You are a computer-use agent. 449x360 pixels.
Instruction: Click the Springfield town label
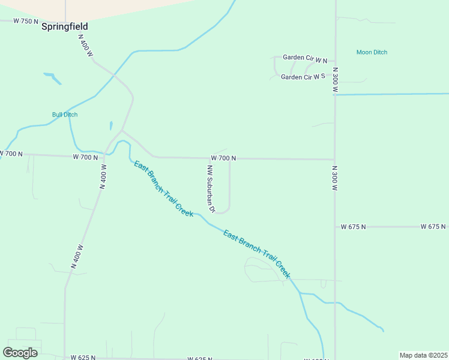tap(65, 26)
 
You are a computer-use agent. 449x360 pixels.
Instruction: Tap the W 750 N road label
tap(26, 21)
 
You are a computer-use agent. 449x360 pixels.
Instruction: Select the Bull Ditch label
tap(65, 115)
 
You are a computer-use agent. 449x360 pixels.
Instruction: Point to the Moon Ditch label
tap(372, 52)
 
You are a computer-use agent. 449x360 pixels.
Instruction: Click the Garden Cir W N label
tap(305, 58)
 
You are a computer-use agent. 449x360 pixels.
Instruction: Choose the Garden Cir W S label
tap(303, 77)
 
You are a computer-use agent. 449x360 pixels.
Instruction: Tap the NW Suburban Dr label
tap(211, 189)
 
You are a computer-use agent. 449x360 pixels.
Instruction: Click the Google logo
tap(20, 352)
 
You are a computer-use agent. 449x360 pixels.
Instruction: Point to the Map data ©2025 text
tap(424, 355)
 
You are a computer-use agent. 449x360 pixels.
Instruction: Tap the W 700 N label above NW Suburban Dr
tap(223, 158)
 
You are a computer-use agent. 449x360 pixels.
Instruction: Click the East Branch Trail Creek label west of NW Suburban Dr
tap(163, 188)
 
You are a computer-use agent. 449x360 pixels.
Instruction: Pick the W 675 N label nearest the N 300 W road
tap(353, 227)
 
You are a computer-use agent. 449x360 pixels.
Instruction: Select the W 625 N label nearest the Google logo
tap(83, 358)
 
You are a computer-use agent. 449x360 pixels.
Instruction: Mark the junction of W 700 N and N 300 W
tap(334, 160)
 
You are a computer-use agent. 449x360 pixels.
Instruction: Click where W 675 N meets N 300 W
tap(335, 227)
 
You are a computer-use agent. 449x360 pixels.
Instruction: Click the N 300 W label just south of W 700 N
tap(335, 178)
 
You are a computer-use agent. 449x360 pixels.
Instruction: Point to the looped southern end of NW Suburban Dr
tap(222, 211)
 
